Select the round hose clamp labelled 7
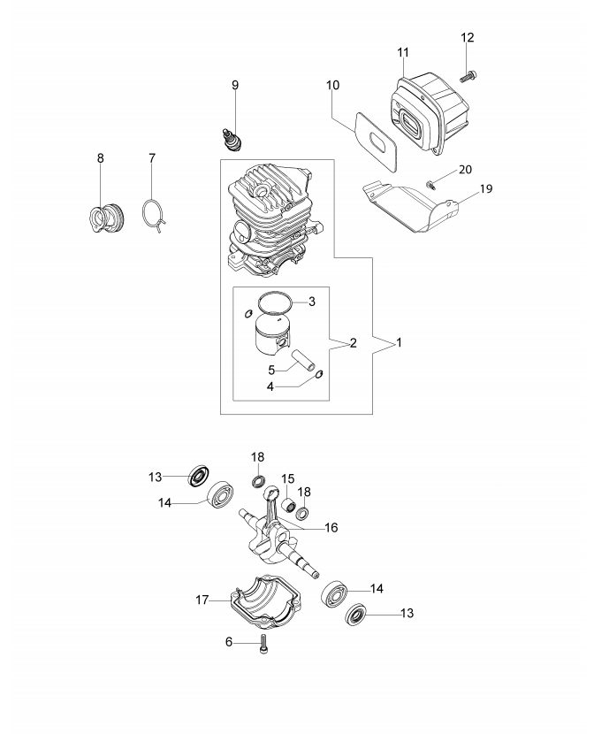pyautogui.click(x=154, y=215)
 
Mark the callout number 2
pyautogui.click(x=352, y=341)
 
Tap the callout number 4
pyautogui.click(x=272, y=386)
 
